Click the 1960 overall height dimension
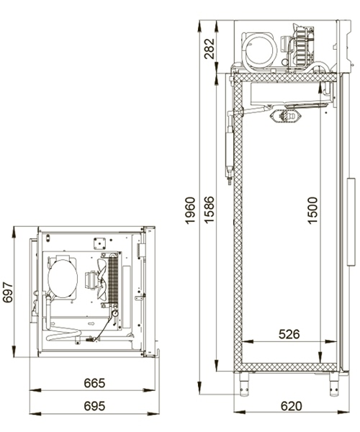(190, 210)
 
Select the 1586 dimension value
(209, 210)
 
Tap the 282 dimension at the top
(209, 48)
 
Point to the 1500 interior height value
(312, 210)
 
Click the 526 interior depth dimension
(289, 334)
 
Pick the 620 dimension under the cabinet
(291, 406)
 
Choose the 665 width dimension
(94, 383)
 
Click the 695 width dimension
(94, 406)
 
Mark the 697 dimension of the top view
(8, 292)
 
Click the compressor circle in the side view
(261, 50)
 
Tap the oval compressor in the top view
(63, 278)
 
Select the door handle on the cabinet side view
(351, 222)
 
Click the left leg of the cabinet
(244, 384)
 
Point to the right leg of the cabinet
(334, 384)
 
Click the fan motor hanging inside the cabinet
(286, 116)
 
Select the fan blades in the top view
(102, 280)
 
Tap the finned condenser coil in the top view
(113, 278)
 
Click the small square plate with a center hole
(99, 243)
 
